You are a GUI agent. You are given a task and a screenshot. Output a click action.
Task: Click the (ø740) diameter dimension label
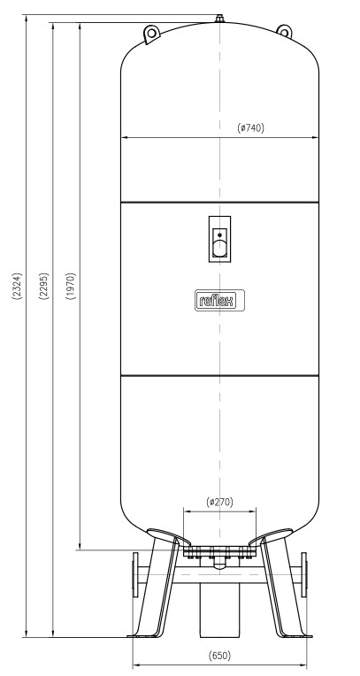click(250, 127)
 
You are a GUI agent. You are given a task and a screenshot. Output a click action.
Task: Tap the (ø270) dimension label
click(219, 502)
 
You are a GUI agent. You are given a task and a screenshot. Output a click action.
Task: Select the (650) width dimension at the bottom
click(219, 656)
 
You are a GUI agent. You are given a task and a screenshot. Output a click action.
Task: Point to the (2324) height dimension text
click(17, 286)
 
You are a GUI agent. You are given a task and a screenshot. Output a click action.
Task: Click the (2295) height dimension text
click(43, 286)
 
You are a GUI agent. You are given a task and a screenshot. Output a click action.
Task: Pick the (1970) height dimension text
click(71, 286)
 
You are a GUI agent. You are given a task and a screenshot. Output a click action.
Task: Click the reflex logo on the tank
click(219, 300)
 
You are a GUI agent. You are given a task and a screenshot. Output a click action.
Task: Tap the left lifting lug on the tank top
click(151, 34)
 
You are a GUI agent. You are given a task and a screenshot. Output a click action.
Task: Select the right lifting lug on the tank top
click(284, 31)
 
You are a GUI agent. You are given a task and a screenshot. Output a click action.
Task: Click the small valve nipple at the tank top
click(219, 19)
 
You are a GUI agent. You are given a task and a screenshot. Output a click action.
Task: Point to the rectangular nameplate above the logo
click(219, 239)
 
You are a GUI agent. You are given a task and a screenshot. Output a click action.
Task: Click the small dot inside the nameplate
click(219, 235)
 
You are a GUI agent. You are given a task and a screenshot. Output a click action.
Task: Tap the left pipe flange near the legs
click(135, 574)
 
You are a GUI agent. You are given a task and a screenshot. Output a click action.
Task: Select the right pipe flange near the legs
click(304, 574)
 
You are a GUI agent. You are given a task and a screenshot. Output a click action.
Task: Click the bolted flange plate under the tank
click(219, 551)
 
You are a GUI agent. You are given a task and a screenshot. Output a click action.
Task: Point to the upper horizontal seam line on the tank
click(219, 203)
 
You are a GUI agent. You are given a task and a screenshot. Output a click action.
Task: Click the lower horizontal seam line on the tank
click(219, 376)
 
